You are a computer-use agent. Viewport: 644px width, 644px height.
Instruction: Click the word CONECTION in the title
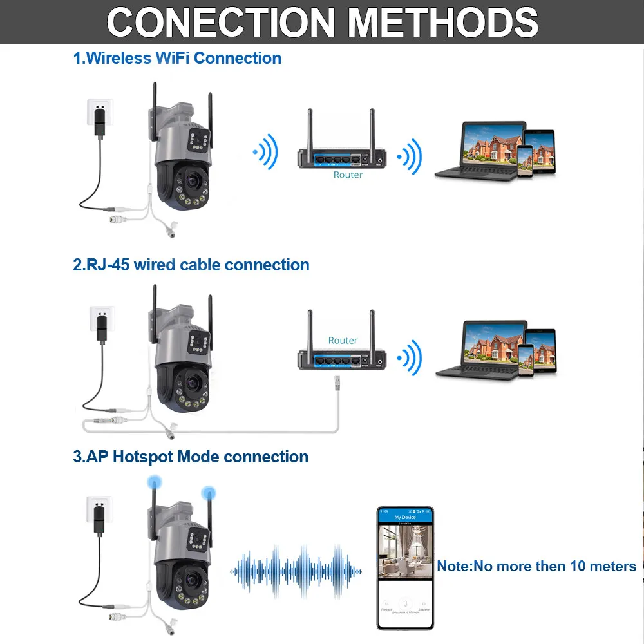[220, 23]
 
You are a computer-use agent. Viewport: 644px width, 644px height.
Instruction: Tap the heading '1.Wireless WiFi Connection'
[177, 58]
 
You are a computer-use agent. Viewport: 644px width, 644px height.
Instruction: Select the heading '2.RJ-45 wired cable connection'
[191, 265]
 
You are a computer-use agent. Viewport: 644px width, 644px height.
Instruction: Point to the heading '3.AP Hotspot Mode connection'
[191, 457]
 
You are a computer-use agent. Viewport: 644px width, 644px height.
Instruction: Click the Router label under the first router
[348, 175]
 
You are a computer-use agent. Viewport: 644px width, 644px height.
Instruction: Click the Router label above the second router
[343, 340]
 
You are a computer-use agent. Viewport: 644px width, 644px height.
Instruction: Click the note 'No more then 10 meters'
[536, 566]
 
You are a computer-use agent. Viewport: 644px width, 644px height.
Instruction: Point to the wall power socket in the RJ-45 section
[100, 316]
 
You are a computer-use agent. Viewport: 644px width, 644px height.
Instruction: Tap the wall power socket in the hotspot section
[100, 507]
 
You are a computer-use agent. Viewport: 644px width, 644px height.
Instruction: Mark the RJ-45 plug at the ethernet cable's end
[336, 385]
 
